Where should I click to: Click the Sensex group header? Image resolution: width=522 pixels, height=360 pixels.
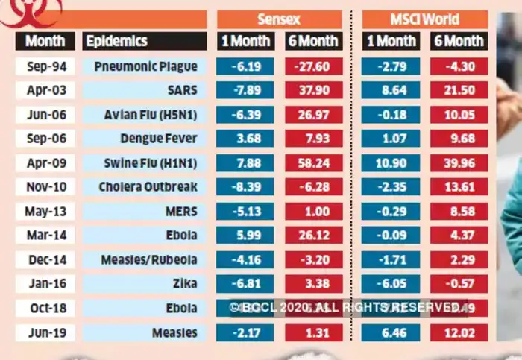pyautogui.click(x=279, y=19)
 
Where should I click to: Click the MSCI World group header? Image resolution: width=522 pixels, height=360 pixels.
pyautogui.click(x=424, y=19)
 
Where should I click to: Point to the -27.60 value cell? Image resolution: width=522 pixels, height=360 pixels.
pyautogui.click(x=314, y=66)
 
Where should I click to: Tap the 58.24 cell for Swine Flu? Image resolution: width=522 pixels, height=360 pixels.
pyautogui.click(x=314, y=162)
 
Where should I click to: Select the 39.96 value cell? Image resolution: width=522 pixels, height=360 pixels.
pyautogui.click(x=459, y=162)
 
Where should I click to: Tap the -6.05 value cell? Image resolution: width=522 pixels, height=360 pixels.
pyautogui.click(x=391, y=283)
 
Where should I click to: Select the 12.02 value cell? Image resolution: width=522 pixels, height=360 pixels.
pyautogui.click(x=459, y=332)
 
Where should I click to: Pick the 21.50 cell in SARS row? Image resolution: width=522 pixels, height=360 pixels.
pyautogui.click(x=459, y=90)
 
